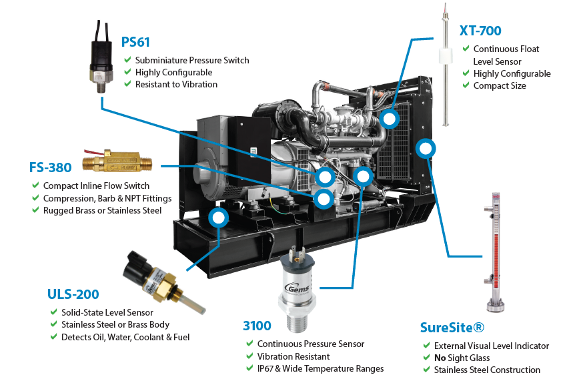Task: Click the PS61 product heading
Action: pos(135,42)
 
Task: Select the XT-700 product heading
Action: pos(480,30)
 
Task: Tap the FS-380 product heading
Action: pos(50,167)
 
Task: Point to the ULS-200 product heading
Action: pos(73,294)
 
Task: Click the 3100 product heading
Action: pos(257,326)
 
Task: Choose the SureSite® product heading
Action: pos(452,328)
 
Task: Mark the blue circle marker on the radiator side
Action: pos(425,147)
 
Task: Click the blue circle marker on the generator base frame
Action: pos(217,217)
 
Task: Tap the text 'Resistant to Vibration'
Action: pos(176,85)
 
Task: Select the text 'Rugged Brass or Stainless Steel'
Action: pos(102,211)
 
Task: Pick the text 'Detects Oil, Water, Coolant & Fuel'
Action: pos(125,338)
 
